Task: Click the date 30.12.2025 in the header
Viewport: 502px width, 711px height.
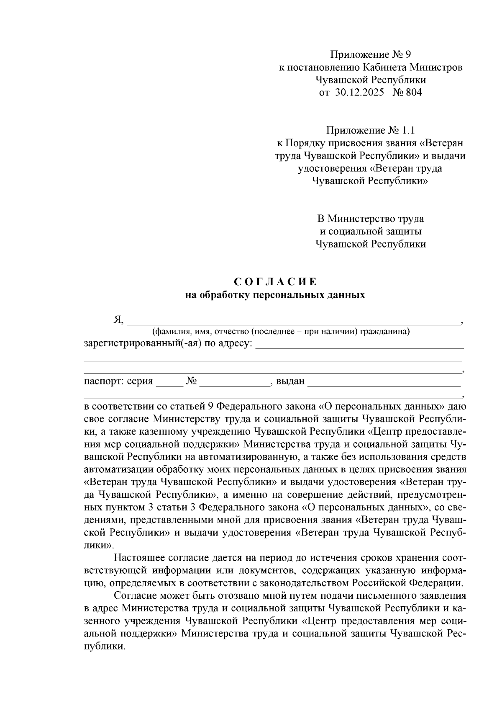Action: coord(359,93)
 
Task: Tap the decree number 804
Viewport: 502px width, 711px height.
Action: coord(413,93)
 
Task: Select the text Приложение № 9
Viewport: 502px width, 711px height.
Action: coord(371,54)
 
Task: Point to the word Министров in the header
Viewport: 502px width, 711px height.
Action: coord(436,67)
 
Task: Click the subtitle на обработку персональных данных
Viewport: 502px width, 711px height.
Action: coord(275,295)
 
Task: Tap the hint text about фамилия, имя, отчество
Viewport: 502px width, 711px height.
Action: coord(281,332)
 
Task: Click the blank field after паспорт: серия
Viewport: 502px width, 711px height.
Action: coord(169,382)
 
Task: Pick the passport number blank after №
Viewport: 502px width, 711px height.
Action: coord(235,382)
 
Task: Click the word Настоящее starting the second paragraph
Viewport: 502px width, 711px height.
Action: coord(138,558)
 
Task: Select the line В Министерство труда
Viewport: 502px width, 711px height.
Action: coord(370,219)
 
